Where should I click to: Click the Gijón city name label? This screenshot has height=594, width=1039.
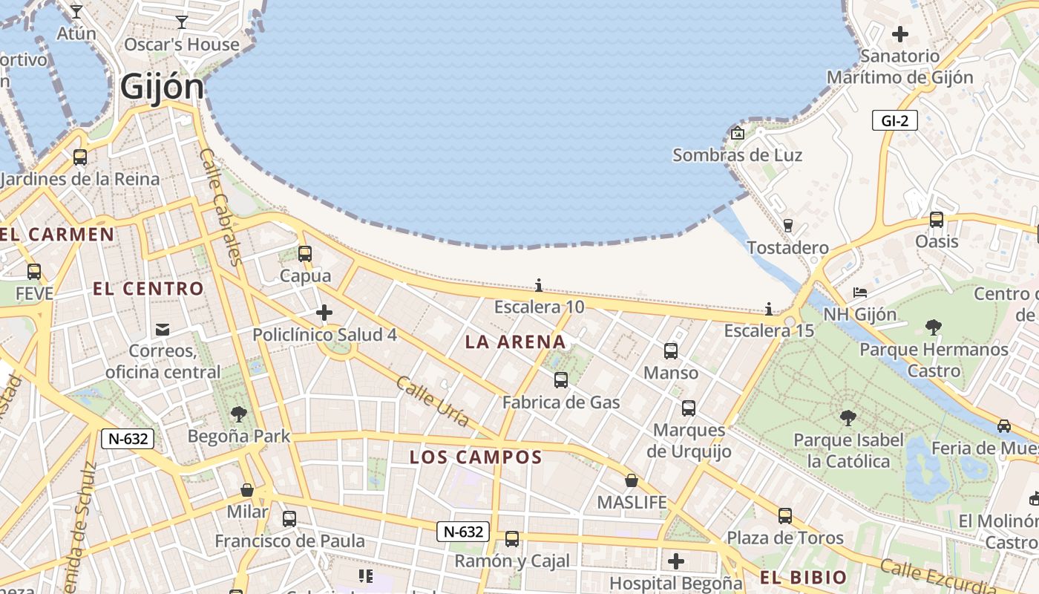pyautogui.click(x=162, y=87)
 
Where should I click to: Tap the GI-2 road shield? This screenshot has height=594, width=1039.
pyautogui.click(x=894, y=120)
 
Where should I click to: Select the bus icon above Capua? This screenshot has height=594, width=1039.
pyautogui.click(x=304, y=254)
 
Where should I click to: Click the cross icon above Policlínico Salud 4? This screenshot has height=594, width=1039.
pyautogui.click(x=324, y=313)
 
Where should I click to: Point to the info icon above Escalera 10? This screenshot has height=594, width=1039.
pyautogui.click(x=539, y=285)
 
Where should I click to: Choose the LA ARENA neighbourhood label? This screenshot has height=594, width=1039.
pyautogui.click(x=515, y=342)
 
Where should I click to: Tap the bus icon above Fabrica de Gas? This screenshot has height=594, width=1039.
pyautogui.click(x=561, y=380)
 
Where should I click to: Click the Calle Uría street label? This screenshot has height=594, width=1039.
pyautogui.click(x=433, y=402)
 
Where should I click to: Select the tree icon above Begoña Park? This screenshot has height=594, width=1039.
pyautogui.click(x=239, y=414)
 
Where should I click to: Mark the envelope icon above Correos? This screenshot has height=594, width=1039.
pyautogui.click(x=163, y=329)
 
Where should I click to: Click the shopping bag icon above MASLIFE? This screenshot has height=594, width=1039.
pyautogui.click(x=632, y=480)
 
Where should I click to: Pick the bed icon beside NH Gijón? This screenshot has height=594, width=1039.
pyautogui.click(x=860, y=293)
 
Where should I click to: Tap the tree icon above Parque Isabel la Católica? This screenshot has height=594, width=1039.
pyautogui.click(x=848, y=418)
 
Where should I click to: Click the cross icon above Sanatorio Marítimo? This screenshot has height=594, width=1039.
pyautogui.click(x=900, y=34)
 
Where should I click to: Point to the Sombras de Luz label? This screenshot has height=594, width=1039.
pyautogui.click(x=737, y=155)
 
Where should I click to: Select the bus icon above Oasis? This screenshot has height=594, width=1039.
pyautogui.click(x=937, y=220)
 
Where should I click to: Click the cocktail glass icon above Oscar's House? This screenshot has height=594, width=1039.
pyautogui.click(x=182, y=22)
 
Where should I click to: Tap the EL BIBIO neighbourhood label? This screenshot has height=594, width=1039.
pyautogui.click(x=803, y=578)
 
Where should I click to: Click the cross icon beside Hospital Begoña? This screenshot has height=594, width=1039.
pyautogui.click(x=675, y=561)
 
